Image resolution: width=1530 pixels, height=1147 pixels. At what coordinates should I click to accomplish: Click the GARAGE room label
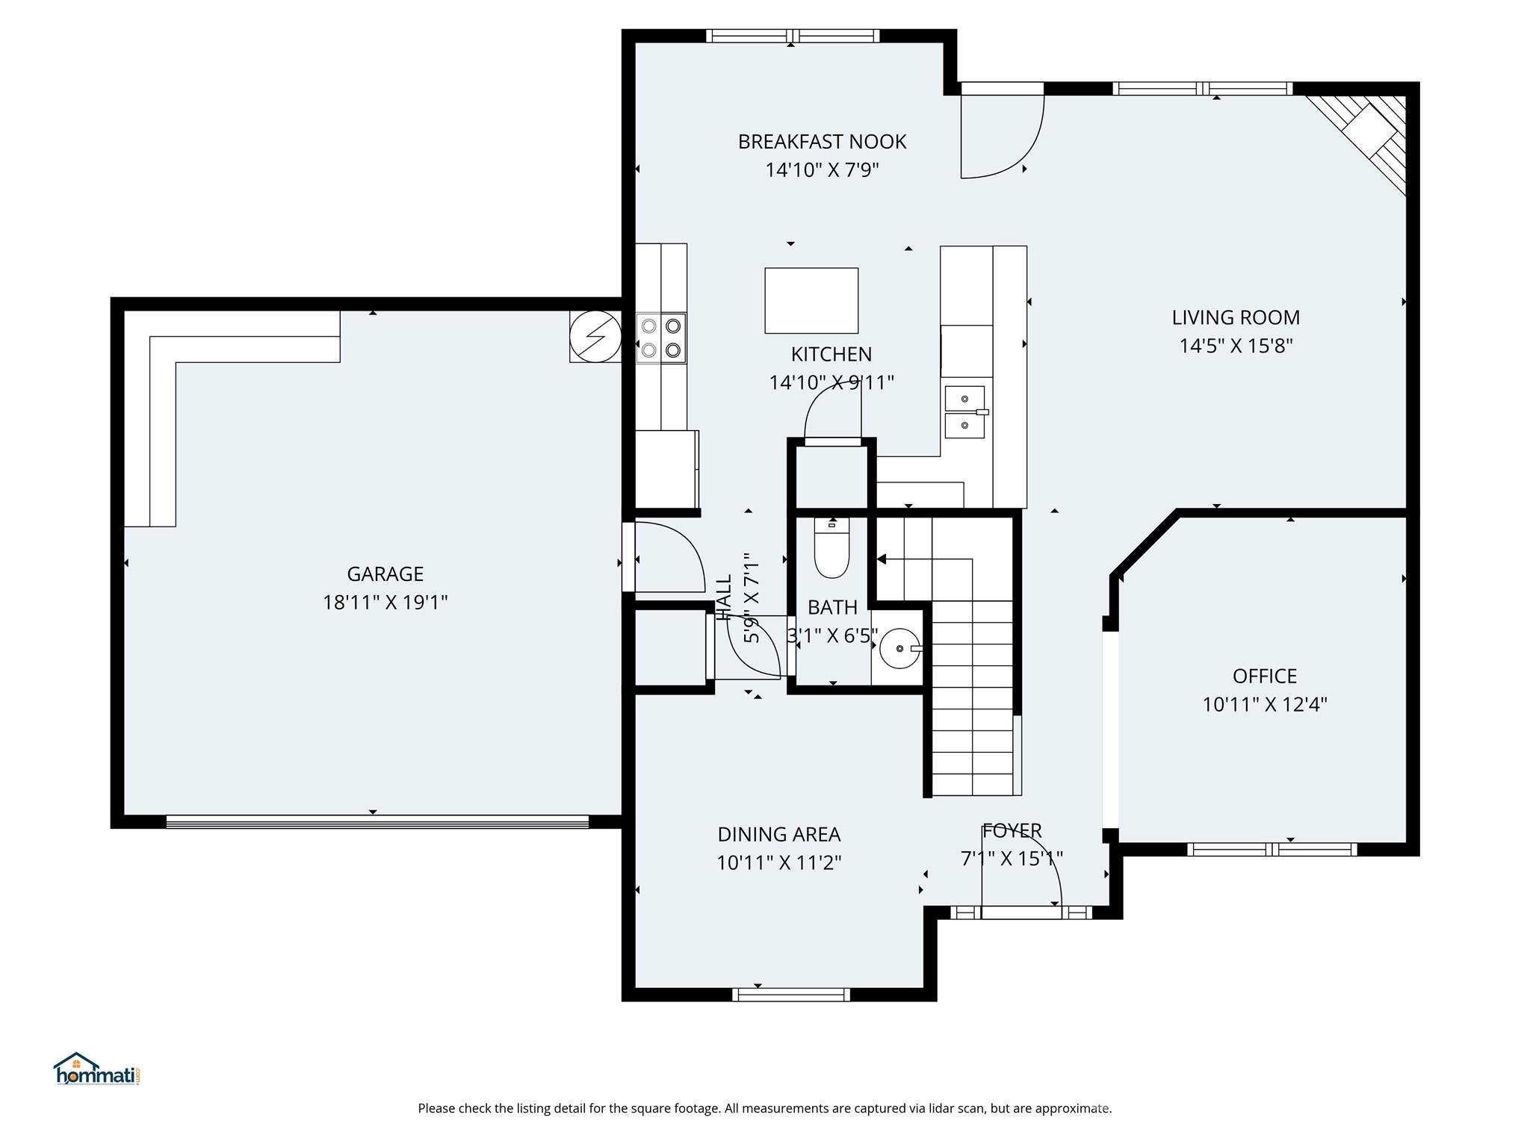(x=385, y=573)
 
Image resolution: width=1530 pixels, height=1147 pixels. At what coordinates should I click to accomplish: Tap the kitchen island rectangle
(x=811, y=300)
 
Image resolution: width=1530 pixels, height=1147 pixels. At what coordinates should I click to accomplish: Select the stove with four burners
(x=661, y=338)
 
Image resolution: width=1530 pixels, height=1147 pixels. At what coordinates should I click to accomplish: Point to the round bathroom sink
(x=899, y=648)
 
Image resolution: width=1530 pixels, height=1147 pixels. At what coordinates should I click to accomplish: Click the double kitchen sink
(x=965, y=411)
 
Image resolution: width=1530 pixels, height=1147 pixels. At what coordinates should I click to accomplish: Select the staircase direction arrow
(x=882, y=559)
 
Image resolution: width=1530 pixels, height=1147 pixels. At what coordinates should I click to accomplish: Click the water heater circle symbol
(x=595, y=336)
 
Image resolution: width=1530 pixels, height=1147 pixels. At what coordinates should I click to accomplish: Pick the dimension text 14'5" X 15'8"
(x=1236, y=346)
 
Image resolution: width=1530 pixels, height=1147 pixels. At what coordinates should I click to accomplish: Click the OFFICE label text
(x=1264, y=676)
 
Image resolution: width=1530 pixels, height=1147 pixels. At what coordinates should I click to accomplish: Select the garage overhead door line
(x=377, y=821)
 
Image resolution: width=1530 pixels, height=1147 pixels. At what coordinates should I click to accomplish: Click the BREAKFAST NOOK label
(x=822, y=142)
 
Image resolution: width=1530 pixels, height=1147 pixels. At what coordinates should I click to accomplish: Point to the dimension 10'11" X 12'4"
(x=1264, y=704)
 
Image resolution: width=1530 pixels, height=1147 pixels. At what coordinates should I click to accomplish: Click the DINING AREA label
(x=778, y=834)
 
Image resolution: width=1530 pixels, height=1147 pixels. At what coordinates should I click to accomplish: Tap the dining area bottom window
(x=791, y=994)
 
